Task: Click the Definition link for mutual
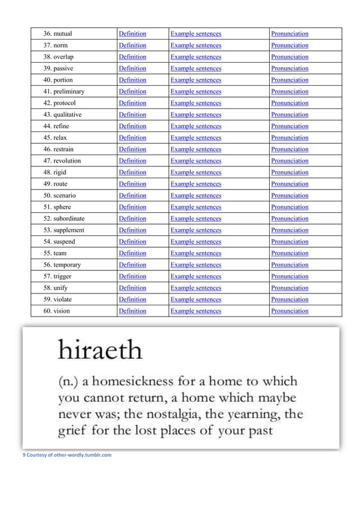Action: (x=132, y=34)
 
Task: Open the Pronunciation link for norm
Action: (x=289, y=45)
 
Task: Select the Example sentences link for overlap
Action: (x=195, y=57)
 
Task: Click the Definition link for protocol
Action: (x=132, y=103)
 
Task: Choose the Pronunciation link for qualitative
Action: (x=289, y=115)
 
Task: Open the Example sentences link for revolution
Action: (x=195, y=161)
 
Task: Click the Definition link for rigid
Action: (x=132, y=173)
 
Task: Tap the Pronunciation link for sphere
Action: (x=289, y=207)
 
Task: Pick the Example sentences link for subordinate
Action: (x=195, y=218)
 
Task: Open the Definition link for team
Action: (x=132, y=253)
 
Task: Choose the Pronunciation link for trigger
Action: (x=289, y=277)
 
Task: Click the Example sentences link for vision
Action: (x=195, y=311)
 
